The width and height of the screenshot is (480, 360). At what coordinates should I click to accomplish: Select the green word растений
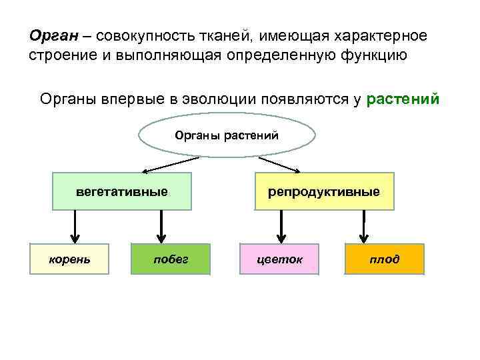tap(403, 99)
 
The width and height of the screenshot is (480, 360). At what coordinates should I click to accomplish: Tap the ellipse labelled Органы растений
tap(227, 136)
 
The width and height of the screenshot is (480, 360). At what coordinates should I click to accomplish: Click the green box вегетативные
tap(122, 191)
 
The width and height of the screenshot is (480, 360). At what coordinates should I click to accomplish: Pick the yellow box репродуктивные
tap(324, 191)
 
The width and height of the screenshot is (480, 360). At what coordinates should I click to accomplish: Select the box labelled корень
tap(69, 259)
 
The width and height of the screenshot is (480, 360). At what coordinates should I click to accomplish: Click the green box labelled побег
tap(171, 259)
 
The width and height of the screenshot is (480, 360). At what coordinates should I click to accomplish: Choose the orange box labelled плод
tap(384, 259)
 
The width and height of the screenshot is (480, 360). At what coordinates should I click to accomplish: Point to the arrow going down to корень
tap(75, 227)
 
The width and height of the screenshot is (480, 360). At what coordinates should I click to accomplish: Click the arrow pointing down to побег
tap(160, 227)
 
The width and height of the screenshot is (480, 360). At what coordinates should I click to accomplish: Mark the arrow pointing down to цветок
tap(282, 227)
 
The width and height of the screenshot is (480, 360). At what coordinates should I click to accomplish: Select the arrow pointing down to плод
tap(364, 227)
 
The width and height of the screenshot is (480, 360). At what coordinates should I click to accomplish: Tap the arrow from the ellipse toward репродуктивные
tap(280, 164)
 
